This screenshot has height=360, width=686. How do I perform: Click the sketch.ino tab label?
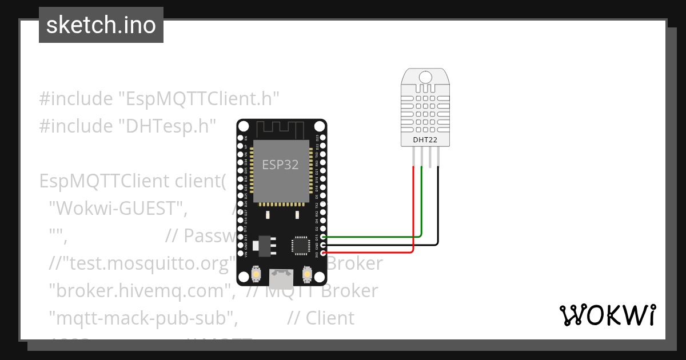click(x=101, y=25)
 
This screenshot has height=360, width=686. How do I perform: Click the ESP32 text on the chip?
click(x=280, y=165)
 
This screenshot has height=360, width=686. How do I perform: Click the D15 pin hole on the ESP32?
click(x=324, y=237)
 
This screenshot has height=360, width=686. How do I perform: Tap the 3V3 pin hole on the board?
click(x=324, y=252)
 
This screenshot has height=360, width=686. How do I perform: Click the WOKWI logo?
click(x=607, y=315)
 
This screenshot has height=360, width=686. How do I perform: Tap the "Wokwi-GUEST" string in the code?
click(x=118, y=209)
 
